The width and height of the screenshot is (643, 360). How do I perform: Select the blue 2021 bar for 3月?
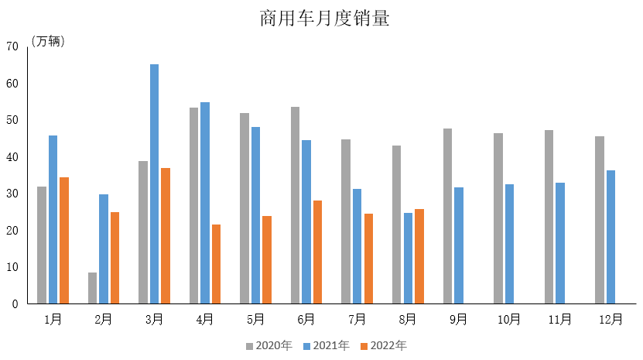(x=154, y=184)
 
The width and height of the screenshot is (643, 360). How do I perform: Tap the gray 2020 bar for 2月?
(x=92, y=288)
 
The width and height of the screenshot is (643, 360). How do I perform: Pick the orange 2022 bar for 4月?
(x=216, y=264)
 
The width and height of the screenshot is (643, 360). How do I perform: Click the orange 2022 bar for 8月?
(x=419, y=256)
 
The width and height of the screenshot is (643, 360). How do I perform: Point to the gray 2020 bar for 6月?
(x=295, y=205)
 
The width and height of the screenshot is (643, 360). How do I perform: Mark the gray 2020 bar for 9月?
(x=447, y=216)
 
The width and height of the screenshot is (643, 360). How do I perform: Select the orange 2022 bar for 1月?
(x=64, y=241)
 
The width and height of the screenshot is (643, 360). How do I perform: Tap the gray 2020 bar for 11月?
(x=549, y=217)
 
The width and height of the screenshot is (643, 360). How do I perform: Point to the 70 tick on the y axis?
(x=12, y=46)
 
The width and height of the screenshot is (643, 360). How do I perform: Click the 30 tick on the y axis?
(x=12, y=194)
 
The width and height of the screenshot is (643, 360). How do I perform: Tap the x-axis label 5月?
(x=256, y=319)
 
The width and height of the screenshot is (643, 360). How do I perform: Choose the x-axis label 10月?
(x=509, y=319)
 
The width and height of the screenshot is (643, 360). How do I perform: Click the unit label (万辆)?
(x=48, y=42)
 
